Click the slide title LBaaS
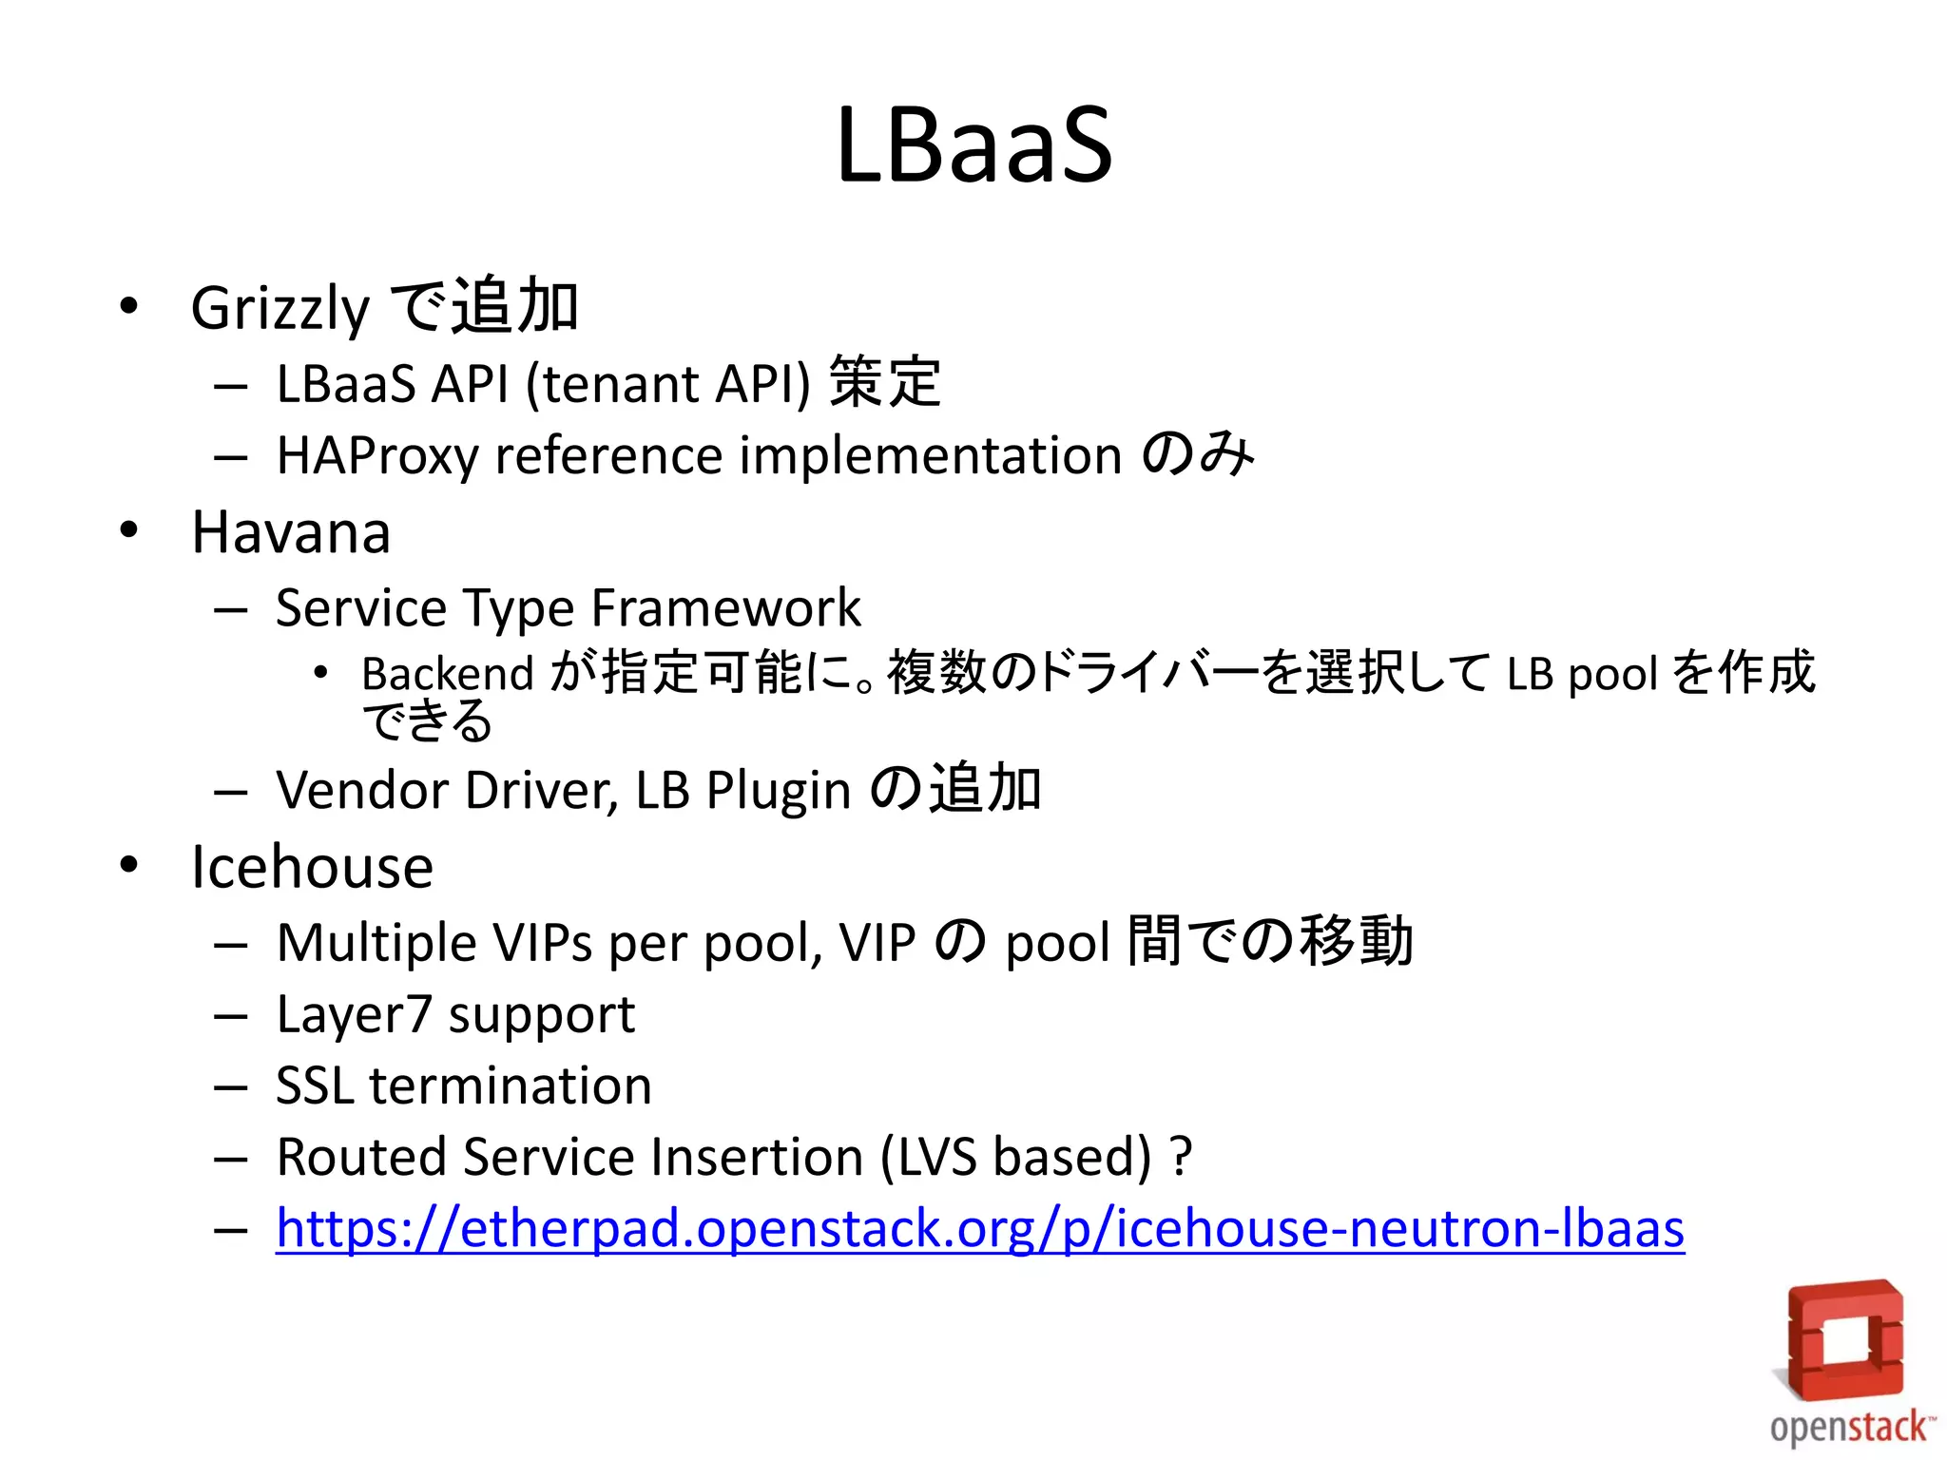click(x=973, y=144)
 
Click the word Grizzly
click(x=280, y=309)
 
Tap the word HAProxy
click(x=376, y=455)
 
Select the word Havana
click(x=291, y=532)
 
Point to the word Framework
click(x=726, y=608)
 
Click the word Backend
click(x=447, y=674)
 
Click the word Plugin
click(x=778, y=791)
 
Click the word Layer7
click(x=354, y=1015)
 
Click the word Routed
click(x=361, y=1158)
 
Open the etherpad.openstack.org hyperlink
click(x=979, y=1229)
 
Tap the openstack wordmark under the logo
click(x=1849, y=1429)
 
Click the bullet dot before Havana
click(x=129, y=529)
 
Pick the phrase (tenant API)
click(x=667, y=385)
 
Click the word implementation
click(x=931, y=455)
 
